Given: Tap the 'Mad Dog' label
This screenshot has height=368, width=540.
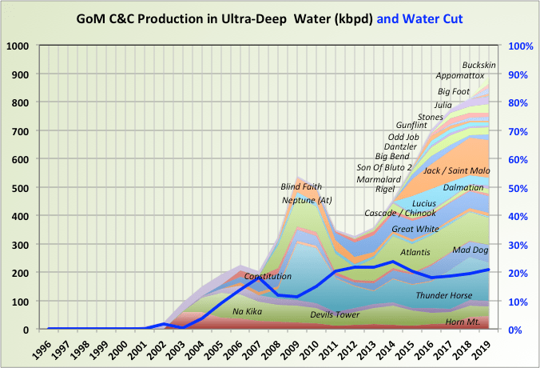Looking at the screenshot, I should [x=470, y=250].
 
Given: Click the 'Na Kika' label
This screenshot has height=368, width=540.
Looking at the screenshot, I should [x=248, y=311].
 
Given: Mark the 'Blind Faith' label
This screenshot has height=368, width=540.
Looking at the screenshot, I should [x=301, y=186].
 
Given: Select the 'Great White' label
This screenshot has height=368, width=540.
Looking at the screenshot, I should [x=414, y=229].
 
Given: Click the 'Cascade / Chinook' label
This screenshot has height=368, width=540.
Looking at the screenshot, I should [x=400, y=213].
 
